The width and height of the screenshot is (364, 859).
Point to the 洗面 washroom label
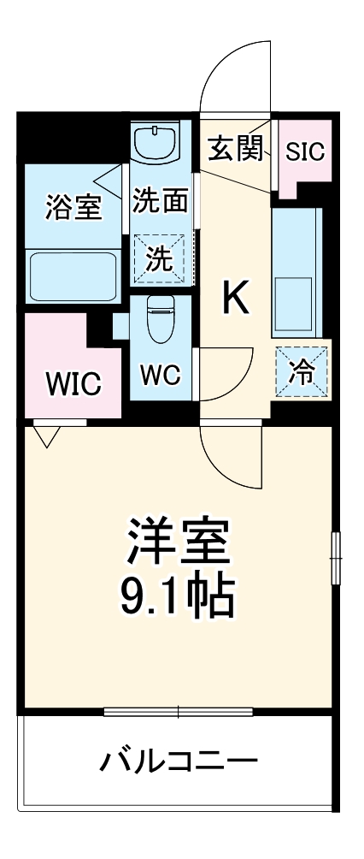[x=160, y=203]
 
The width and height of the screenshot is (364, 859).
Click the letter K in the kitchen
[x=236, y=299]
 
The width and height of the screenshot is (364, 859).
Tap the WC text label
[x=160, y=376]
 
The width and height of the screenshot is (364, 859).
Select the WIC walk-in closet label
[x=73, y=383]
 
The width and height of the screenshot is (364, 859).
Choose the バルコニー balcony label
[x=177, y=759]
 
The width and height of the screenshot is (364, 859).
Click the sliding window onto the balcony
[x=179, y=711]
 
